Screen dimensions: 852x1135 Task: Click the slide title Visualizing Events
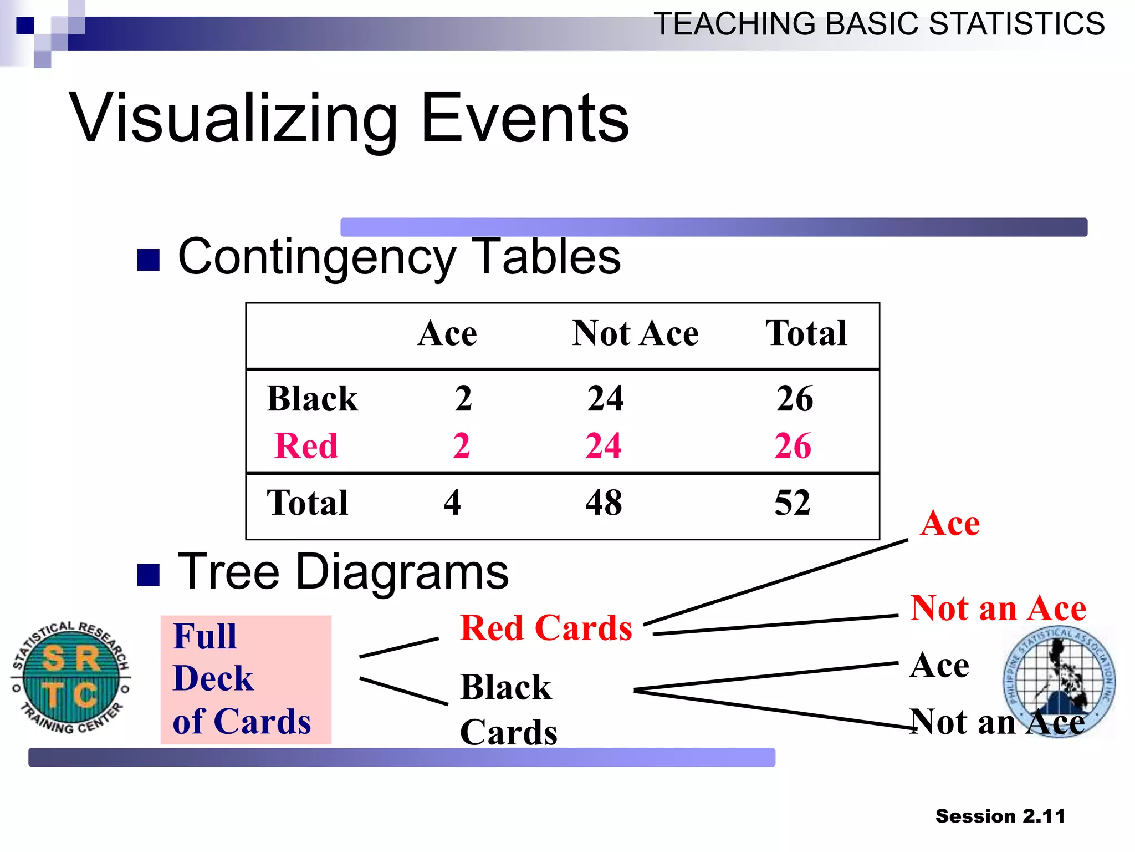(349, 118)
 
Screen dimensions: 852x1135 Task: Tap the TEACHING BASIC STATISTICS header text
(879, 24)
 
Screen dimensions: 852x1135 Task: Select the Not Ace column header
(635, 333)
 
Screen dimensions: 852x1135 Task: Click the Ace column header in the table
(447, 333)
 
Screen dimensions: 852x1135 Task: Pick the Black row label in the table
(312, 398)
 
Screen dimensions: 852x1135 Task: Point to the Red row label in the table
(306, 445)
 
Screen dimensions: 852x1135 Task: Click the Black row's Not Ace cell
(605, 398)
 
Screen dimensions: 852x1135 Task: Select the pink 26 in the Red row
(793, 445)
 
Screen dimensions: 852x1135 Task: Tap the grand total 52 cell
(793, 503)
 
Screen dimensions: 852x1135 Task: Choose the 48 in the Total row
(604, 503)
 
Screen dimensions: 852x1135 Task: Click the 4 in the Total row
(452, 503)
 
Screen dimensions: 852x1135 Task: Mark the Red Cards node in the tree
(546, 628)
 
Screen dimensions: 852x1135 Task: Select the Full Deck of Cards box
(246, 679)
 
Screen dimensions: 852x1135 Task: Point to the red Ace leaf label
(950, 523)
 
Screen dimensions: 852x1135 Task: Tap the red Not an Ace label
(998, 608)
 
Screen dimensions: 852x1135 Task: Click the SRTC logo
(71, 677)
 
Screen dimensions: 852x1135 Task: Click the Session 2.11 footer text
(1000, 816)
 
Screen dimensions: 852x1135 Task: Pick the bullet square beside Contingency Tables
(148, 260)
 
